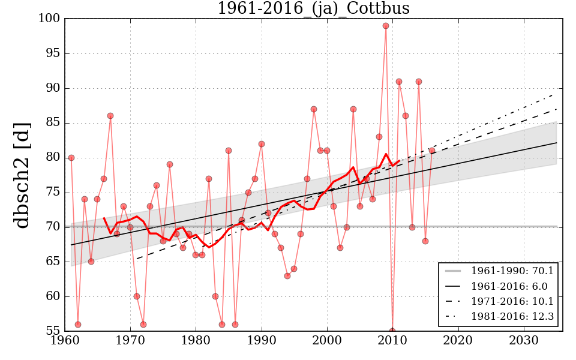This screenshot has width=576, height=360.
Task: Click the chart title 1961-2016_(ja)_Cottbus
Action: pos(313,8)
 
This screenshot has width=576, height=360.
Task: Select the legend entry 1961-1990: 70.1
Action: pos(512,271)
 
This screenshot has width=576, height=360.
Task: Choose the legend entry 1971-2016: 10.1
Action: pos(512,301)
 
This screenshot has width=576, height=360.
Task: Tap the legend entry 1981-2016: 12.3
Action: pos(512,317)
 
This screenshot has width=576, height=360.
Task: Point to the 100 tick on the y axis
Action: pos(51,19)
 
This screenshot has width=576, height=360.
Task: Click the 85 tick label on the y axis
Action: pos(53,123)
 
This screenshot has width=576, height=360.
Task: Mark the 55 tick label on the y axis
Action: pos(53,331)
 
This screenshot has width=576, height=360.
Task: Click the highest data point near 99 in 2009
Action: pos(386,26)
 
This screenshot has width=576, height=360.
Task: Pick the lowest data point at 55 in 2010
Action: pos(392,331)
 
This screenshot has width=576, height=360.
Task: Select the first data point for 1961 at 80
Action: pos(71,158)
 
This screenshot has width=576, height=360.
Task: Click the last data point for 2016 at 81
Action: pos(432,151)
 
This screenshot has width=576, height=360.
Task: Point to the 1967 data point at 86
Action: pos(110,116)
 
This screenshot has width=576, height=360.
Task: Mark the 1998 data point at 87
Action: pos(314,109)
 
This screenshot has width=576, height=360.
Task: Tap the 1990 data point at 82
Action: pos(262,144)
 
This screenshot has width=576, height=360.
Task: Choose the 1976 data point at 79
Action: pos(170,164)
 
